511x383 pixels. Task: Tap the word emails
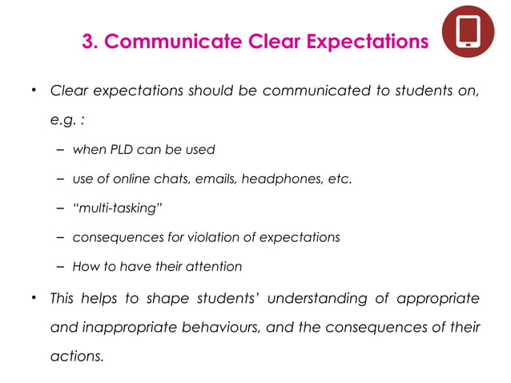[x=210, y=179]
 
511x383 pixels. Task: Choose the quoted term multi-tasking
[x=116, y=208]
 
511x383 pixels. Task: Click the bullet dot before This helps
[x=34, y=298]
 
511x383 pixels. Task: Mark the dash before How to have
[x=62, y=267]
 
